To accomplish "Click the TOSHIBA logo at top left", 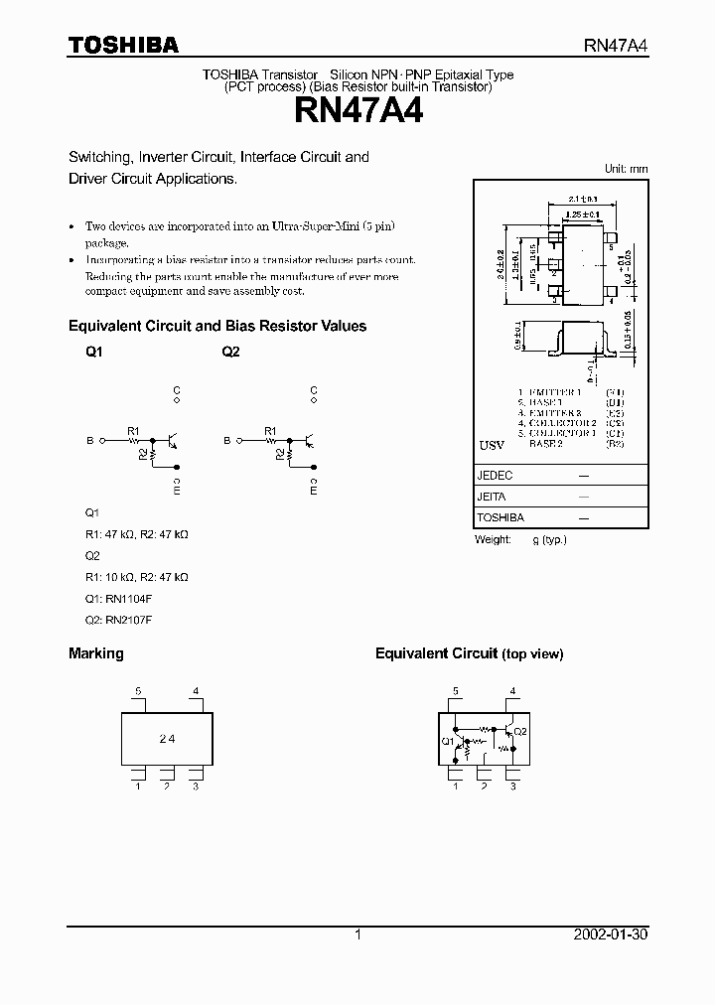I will pos(123,45).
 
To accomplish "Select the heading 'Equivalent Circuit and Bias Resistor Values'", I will pos(217,326).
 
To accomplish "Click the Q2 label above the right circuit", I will pos(230,353).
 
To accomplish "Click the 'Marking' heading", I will pos(95,653).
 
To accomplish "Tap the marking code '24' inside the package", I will pos(167,739).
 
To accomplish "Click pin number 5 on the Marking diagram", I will pos(139,691).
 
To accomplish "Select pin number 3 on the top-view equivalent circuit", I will pos(512,787).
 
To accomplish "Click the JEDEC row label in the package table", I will pos(495,476).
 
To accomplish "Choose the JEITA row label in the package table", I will pos(492,497).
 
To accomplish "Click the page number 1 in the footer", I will pos(357,934).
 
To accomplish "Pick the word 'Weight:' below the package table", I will pos(494,538).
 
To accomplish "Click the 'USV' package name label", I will pos(492,445).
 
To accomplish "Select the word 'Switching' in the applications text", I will pos(99,157).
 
